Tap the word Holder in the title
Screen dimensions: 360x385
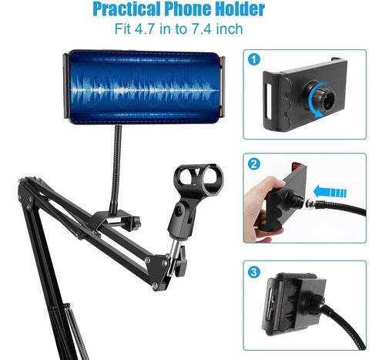click(x=236, y=11)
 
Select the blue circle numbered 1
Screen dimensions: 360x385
click(x=254, y=59)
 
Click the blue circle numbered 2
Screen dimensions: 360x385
click(x=254, y=164)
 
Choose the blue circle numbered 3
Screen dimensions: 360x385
click(x=254, y=271)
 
